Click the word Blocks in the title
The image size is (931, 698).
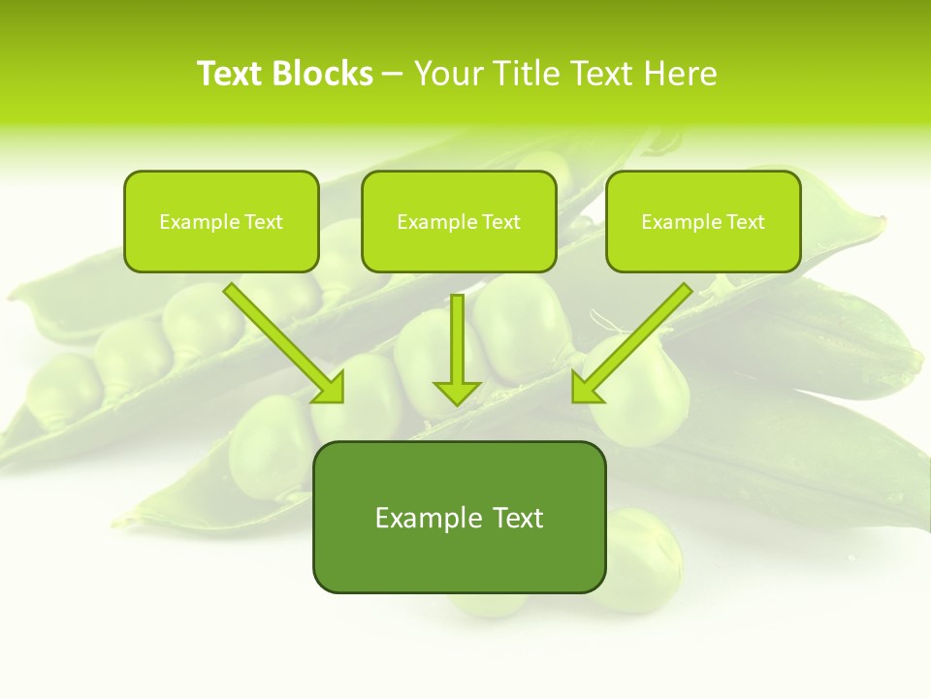pos(322,74)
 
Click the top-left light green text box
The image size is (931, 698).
pos(221,222)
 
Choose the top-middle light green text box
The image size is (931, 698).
pos(459,222)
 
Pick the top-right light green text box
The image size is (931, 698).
pos(703,222)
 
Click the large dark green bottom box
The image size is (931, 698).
pos(459,517)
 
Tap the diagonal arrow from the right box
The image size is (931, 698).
pos(635,340)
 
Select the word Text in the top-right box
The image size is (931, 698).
pos(745,222)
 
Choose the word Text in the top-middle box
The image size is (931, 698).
pos(500,222)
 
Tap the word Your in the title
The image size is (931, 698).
pos(446,74)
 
